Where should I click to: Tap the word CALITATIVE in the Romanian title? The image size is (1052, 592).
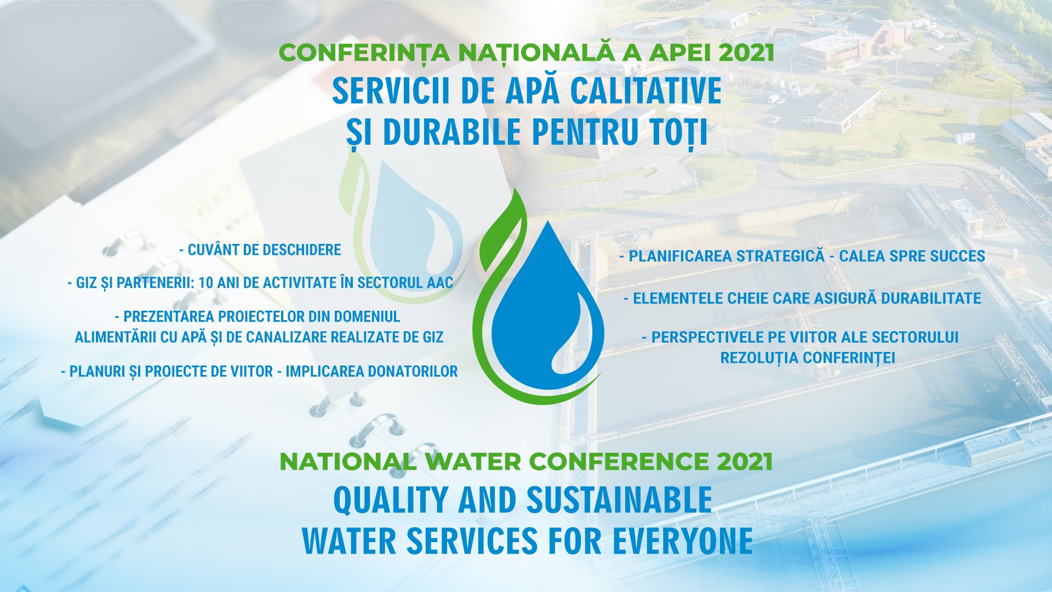(x=646, y=91)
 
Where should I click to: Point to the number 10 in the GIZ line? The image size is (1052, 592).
(x=205, y=283)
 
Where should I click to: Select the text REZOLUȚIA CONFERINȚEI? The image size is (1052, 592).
(x=808, y=358)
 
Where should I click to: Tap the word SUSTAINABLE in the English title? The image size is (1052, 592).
(x=619, y=500)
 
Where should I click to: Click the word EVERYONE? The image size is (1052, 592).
(x=682, y=541)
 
